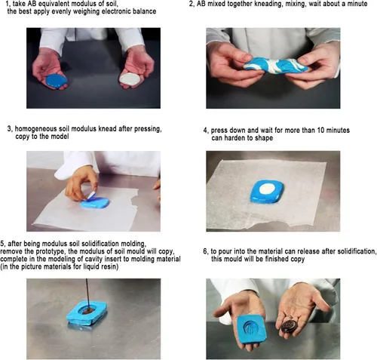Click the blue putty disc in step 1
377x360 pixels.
coord(57,81)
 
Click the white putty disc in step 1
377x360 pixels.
coord(129,79)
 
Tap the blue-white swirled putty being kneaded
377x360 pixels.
coord(276,66)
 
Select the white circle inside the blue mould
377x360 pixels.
coord(268,189)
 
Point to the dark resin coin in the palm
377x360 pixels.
coord(290,326)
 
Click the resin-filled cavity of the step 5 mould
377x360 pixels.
coord(88,311)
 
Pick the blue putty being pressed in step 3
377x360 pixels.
coord(96,203)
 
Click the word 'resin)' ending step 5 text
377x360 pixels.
coord(109,266)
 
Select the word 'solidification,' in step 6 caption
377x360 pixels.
coord(356,251)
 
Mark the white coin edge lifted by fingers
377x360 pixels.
coord(90,195)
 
